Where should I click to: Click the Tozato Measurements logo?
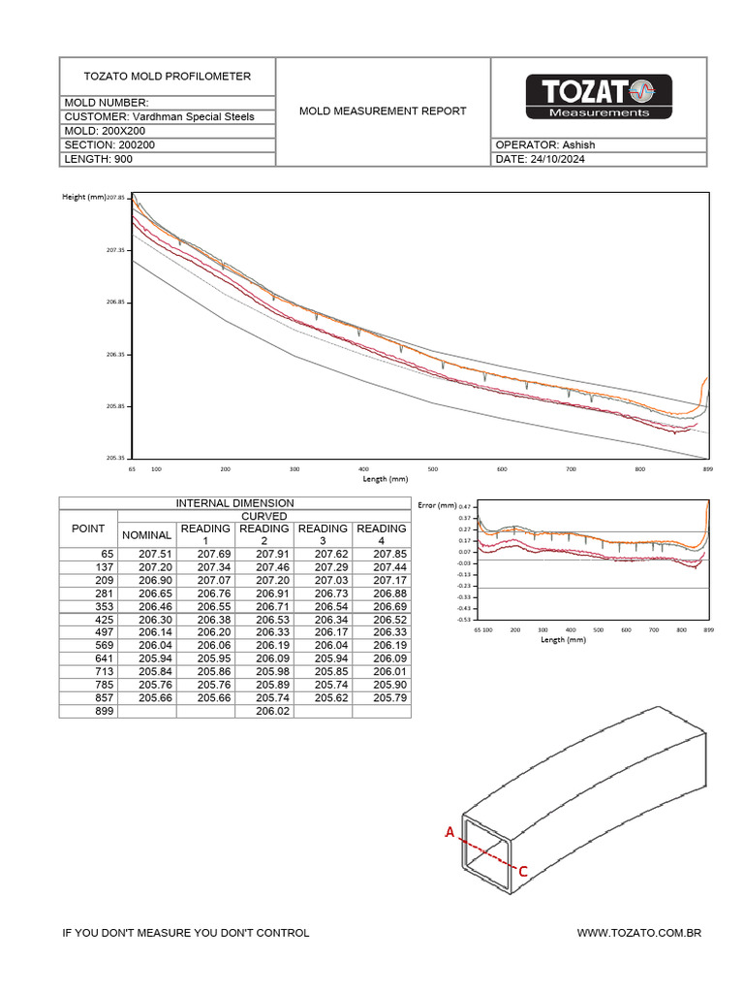[x=598, y=97]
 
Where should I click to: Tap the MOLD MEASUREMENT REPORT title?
[x=383, y=111]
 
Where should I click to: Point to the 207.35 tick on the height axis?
[x=117, y=250]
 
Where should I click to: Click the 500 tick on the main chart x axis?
[x=433, y=468]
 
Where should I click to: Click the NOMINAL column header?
[x=146, y=534]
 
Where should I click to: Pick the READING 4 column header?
[x=381, y=534]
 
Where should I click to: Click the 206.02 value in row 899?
[x=263, y=711]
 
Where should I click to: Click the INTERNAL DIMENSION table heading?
[x=234, y=503]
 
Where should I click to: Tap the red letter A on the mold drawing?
[x=449, y=832]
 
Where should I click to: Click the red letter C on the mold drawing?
[x=523, y=871]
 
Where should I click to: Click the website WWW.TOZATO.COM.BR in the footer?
[x=638, y=933]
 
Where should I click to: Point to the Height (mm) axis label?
[x=83, y=197]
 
